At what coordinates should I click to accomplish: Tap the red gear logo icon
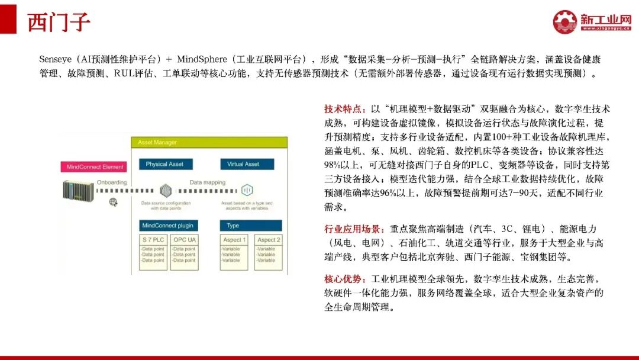(564, 21)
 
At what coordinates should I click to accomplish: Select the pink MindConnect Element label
(95, 167)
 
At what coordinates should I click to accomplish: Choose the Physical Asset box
(164, 164)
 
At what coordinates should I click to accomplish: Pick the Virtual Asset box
(243, 164)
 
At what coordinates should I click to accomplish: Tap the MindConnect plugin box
(168, 226)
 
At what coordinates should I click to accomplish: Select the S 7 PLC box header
(153, 240)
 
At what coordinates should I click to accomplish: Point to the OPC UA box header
(184, 240)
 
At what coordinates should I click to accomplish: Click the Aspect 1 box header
(233, 240)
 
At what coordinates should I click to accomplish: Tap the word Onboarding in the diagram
(112, 182)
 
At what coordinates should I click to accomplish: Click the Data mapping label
(207, 182)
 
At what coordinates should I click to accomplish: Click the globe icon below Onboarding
(113, 202)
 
